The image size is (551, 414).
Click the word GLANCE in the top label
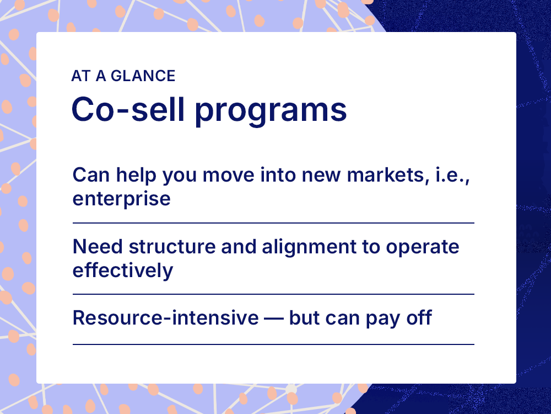143,76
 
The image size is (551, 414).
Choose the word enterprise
121,199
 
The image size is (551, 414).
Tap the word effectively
122,270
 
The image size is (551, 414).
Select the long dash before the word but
273,319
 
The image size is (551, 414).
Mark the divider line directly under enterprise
273,223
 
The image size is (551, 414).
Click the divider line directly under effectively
273,294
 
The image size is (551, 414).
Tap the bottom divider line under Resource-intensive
273,344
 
